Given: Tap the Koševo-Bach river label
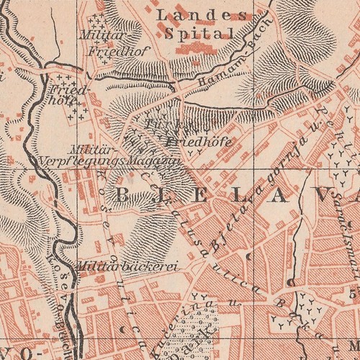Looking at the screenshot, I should click(61, 288).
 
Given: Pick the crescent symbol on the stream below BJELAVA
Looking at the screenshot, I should click(248, 254).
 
